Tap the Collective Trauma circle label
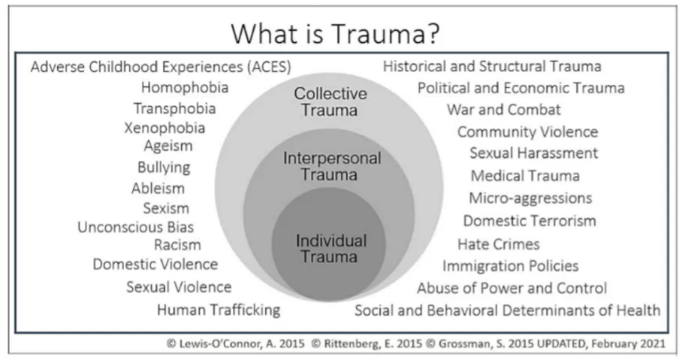point(330,102)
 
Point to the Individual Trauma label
point(331,249)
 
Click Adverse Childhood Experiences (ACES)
point(161,67)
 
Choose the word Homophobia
point(185,88)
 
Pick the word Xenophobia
point(164,128)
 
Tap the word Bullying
point(164,167)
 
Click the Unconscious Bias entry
point(136,227)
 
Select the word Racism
point(177,245)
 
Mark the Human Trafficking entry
point(219,310)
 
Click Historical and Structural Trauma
point(492,67)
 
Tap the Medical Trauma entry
point(525,176)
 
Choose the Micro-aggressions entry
point(530,198)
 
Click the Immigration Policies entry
point(510,266)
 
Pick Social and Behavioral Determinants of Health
point(508,310)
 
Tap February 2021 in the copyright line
point(630,343)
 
